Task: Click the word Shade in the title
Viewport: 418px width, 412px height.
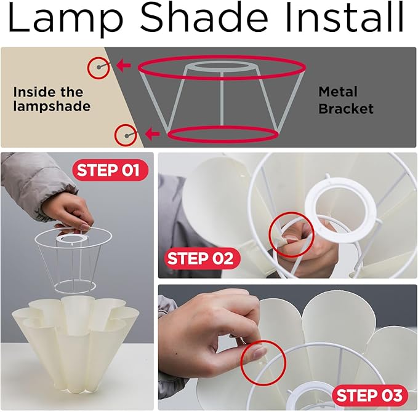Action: click(204, 18)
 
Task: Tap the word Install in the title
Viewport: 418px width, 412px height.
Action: click(344, 18)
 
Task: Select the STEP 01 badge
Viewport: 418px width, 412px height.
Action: click(110, 170)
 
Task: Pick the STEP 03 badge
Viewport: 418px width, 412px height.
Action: click(370, 395)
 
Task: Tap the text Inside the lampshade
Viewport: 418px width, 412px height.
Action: click(52, 99)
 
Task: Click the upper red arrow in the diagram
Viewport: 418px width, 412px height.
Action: click(124, 65)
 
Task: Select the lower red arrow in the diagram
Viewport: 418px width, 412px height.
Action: click(153, 133)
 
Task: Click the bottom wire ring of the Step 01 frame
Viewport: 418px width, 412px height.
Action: click(75, 291)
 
